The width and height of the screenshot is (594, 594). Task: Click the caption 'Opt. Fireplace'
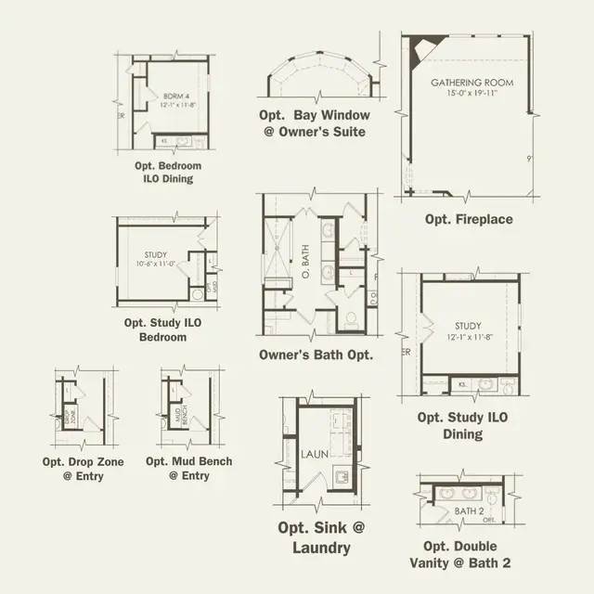[469, 220]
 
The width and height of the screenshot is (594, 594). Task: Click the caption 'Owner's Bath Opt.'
[316, 355]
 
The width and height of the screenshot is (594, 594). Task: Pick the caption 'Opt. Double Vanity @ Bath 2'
[460, 554]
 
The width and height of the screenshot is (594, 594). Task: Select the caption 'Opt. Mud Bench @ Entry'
[188, 469]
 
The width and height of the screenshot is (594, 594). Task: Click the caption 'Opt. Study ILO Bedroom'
[161, 330]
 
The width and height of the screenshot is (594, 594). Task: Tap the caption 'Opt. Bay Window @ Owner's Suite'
[315, 123]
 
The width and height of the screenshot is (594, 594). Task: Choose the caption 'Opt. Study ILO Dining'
[462, 426]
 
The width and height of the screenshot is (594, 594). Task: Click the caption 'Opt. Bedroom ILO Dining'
[168, 172]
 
